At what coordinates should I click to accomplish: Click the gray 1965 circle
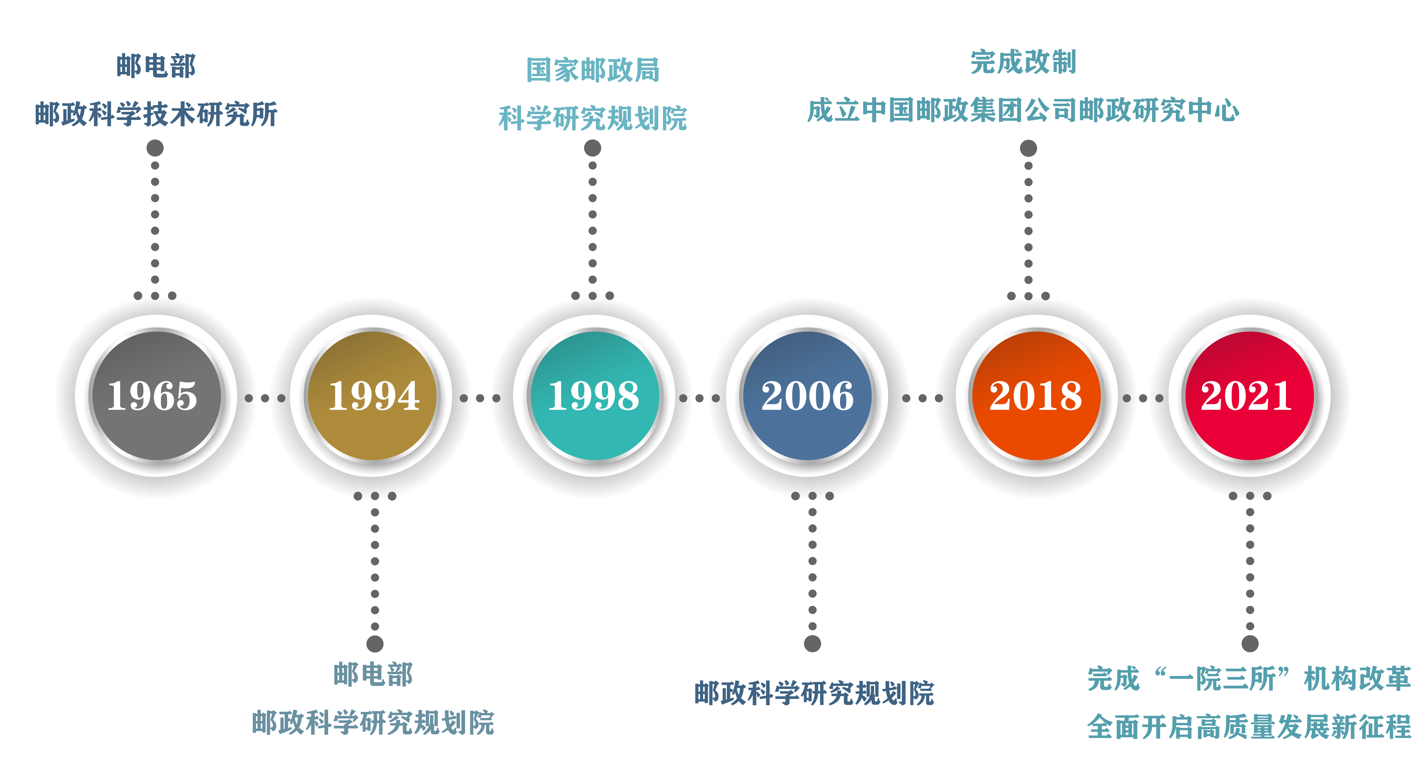(x=156, y=395)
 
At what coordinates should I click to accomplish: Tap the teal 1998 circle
(x=594, y=395)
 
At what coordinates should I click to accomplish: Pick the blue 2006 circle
(x=808, y=395)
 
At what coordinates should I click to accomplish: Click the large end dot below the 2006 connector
(x=813, y=643)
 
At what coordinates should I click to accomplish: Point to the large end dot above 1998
(x=592, y=148)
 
